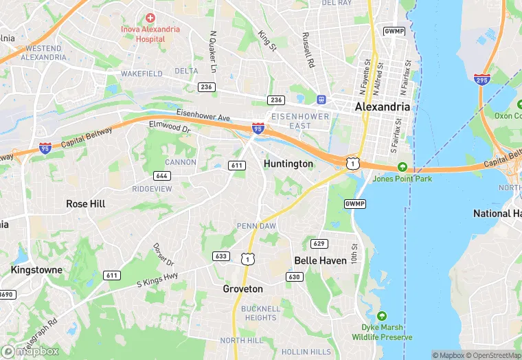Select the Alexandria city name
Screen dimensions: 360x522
(x=383, y=107)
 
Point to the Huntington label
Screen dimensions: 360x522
(x=288, y=164)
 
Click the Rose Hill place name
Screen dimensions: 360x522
(x=86, y=204)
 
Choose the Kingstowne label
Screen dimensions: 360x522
(x=36, y=270)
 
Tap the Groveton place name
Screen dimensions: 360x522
(x=242, y=289)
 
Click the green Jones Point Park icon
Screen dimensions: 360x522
(x=402, y=167)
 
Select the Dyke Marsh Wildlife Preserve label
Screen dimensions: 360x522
(x=383, y=332)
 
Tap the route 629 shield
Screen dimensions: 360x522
(x=319, y=243)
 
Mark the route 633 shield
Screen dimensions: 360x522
(x=221, y=256)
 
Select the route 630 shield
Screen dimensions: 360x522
(x=295, y=276)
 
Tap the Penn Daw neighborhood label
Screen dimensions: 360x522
(x=256, y=226)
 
